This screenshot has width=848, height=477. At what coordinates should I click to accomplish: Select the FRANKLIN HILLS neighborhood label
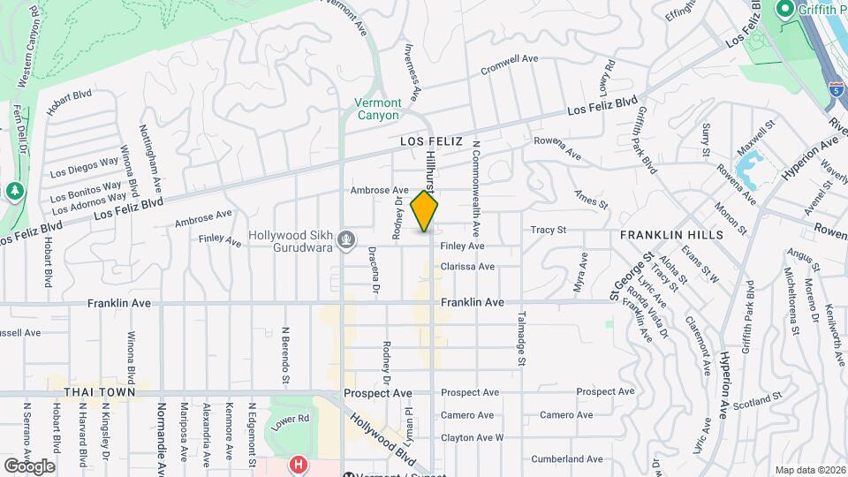tap(671, 235)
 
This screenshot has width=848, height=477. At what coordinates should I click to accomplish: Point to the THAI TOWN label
tap(99, 391)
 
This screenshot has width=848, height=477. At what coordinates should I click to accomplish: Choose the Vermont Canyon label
tap(378, 109)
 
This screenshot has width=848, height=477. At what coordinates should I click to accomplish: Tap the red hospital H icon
tap(299, 463)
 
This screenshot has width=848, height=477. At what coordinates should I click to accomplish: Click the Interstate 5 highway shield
tap(835, 90)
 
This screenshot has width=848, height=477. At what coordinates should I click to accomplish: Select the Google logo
tap(29, 466)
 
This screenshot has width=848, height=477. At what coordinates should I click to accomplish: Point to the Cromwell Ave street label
tap(509, 59)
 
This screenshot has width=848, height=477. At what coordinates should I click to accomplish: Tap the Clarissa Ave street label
tap(492, 266)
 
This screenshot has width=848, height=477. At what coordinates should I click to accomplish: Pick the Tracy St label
tap(548, 231)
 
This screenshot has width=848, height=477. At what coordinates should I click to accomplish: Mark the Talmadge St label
tap(522, 338)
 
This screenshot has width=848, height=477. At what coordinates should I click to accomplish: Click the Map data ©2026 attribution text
tap(810, 470)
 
